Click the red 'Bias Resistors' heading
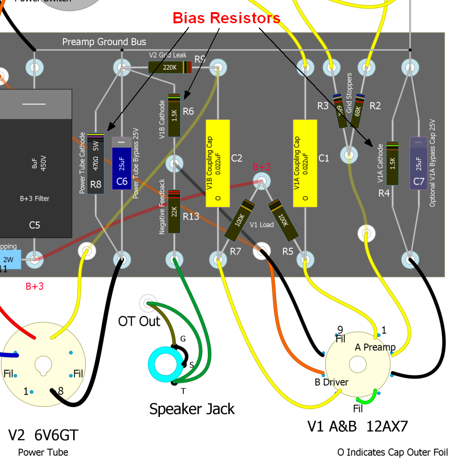(x=226, y=18)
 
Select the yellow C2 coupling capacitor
(x=218, y=162)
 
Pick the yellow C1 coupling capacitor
(x=305, y=162)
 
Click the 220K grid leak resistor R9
(x=169, y=67)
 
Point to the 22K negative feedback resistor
(x=174, y=211)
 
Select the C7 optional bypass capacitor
(x=418, y=163)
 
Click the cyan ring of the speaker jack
(x=164, y=365)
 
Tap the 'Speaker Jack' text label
(x=192, y=409)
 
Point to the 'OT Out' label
(x=139, y=321)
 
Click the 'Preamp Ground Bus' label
(x=104, y=42)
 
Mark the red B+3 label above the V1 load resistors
(x=262, y=167)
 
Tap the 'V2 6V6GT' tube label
(x=43, y=435)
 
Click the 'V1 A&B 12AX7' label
(x=358, y=426)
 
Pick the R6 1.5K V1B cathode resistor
(x=174, y=115)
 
